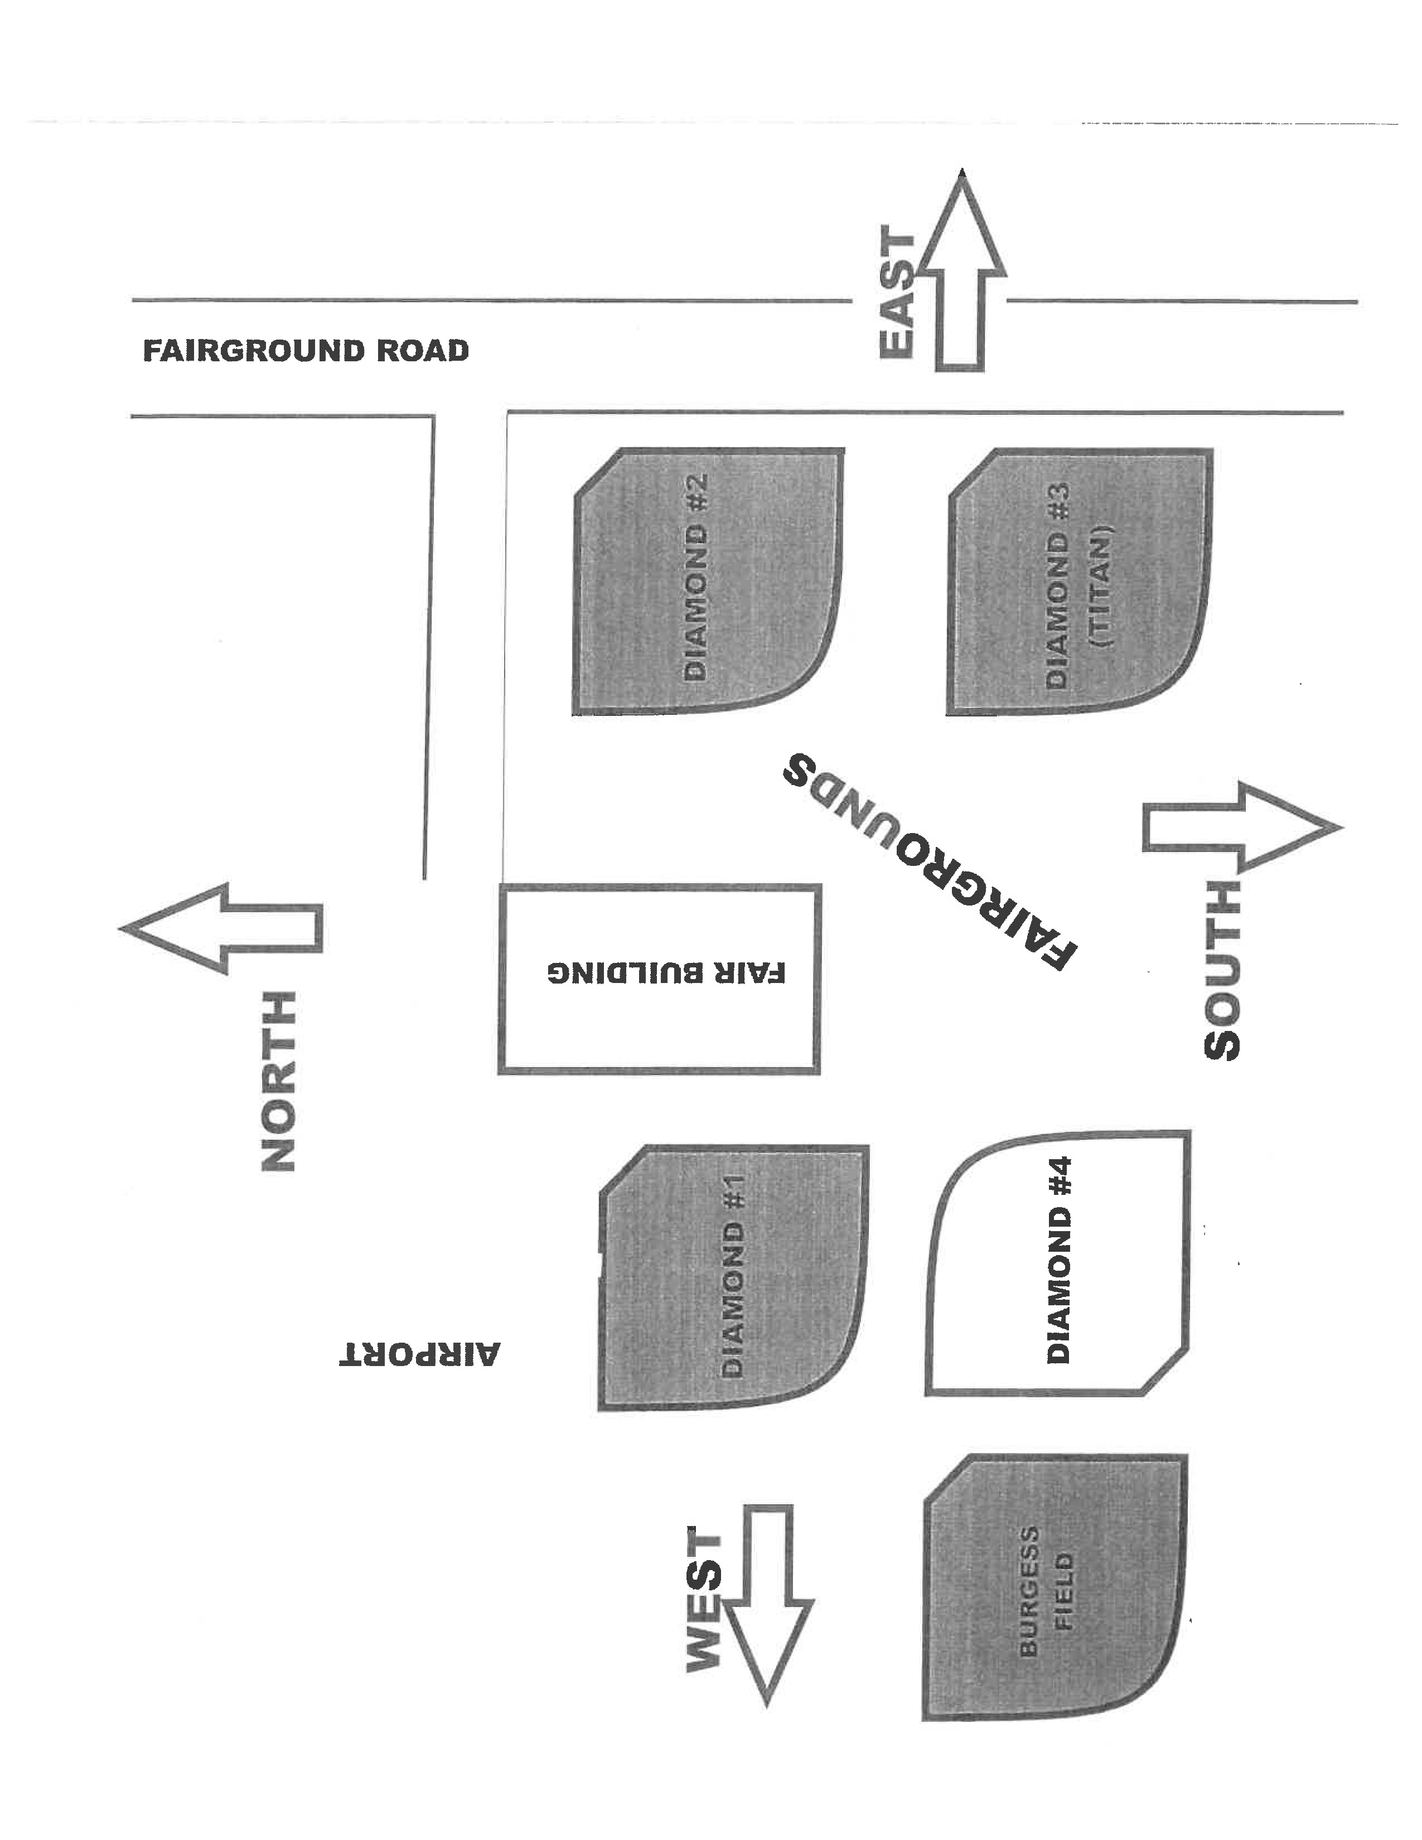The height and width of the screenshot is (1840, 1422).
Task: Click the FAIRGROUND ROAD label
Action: pos(305,351)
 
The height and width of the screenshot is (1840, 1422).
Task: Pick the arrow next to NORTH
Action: pos(221,928)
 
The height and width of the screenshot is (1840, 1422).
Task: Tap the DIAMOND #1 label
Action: pos(733,1276)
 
